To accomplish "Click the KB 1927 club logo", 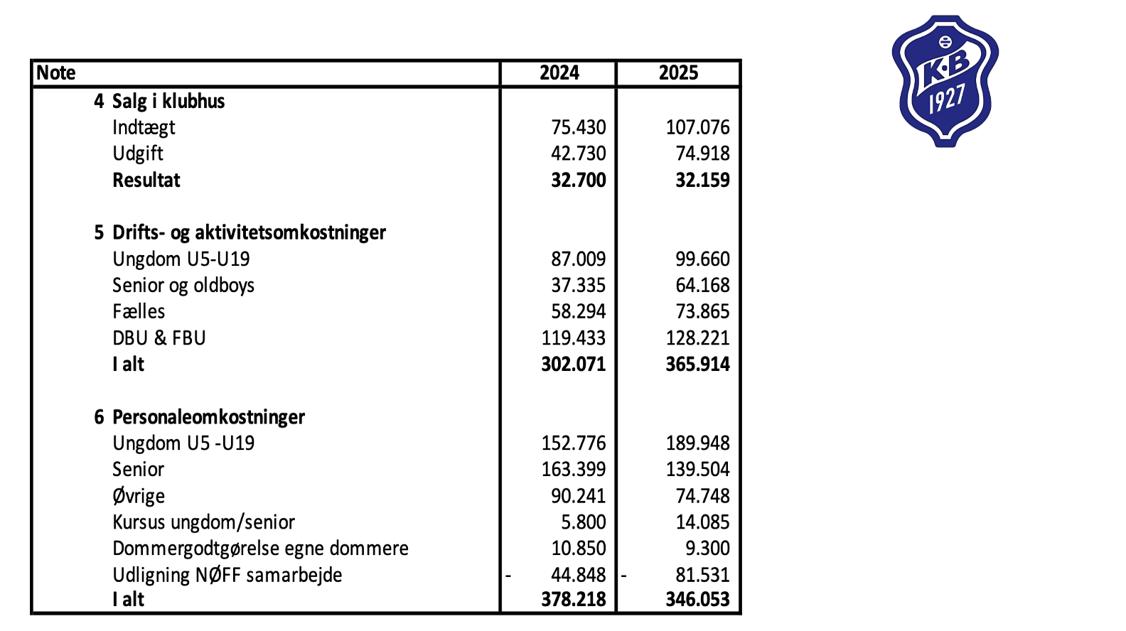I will point(945,81).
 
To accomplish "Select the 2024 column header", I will point(559,73).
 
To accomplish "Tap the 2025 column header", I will point(678,73).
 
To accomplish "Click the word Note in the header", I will point(56,73).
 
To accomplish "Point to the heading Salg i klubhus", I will point(168,101).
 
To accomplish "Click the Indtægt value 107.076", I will point(697,127).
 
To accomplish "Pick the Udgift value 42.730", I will point(578,153).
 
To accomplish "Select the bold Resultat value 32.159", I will point(702,180).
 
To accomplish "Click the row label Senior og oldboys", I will point(183,285).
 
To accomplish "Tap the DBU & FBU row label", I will point(159,338).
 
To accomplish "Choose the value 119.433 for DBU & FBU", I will point(573,338).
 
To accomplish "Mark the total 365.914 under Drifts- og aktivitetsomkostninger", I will point(697,364).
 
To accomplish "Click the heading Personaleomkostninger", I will point(208,416).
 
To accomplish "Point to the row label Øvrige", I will point(139,495).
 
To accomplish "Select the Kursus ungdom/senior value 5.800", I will point(583,522).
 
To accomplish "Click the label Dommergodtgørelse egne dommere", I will point(260,548).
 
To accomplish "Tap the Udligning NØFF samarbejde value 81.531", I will point(702,574).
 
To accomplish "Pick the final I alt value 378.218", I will point(573,599).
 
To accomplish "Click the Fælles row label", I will point(139,311).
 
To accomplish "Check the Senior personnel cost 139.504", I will point(697,469).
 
